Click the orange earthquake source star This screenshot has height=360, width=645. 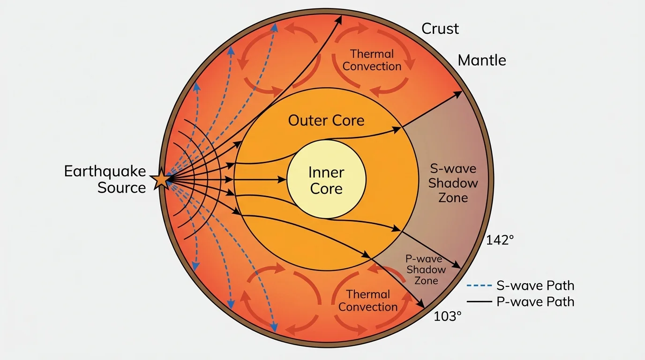[x=161, y=180]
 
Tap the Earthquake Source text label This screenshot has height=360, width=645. [x=105, y=180]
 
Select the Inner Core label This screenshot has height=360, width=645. [x=326, y=180]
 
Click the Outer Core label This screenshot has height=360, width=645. [x=326, y=120]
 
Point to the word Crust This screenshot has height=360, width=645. [x=440, y=29]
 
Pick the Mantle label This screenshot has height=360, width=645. [x=482, y=60]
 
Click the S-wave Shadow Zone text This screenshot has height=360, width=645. [x=453, y=183]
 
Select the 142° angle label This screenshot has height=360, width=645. [x=500, y=240]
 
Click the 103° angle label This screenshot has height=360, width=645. [x=448, y=316]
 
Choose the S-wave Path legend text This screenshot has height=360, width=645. [x=535, y=285]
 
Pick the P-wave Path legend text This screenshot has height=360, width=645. [x=535, y=302]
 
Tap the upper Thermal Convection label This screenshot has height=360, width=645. [x=372, y=60]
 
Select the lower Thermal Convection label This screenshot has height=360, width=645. [x=368, y=300]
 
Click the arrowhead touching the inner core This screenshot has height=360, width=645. [x=283, y=180]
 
